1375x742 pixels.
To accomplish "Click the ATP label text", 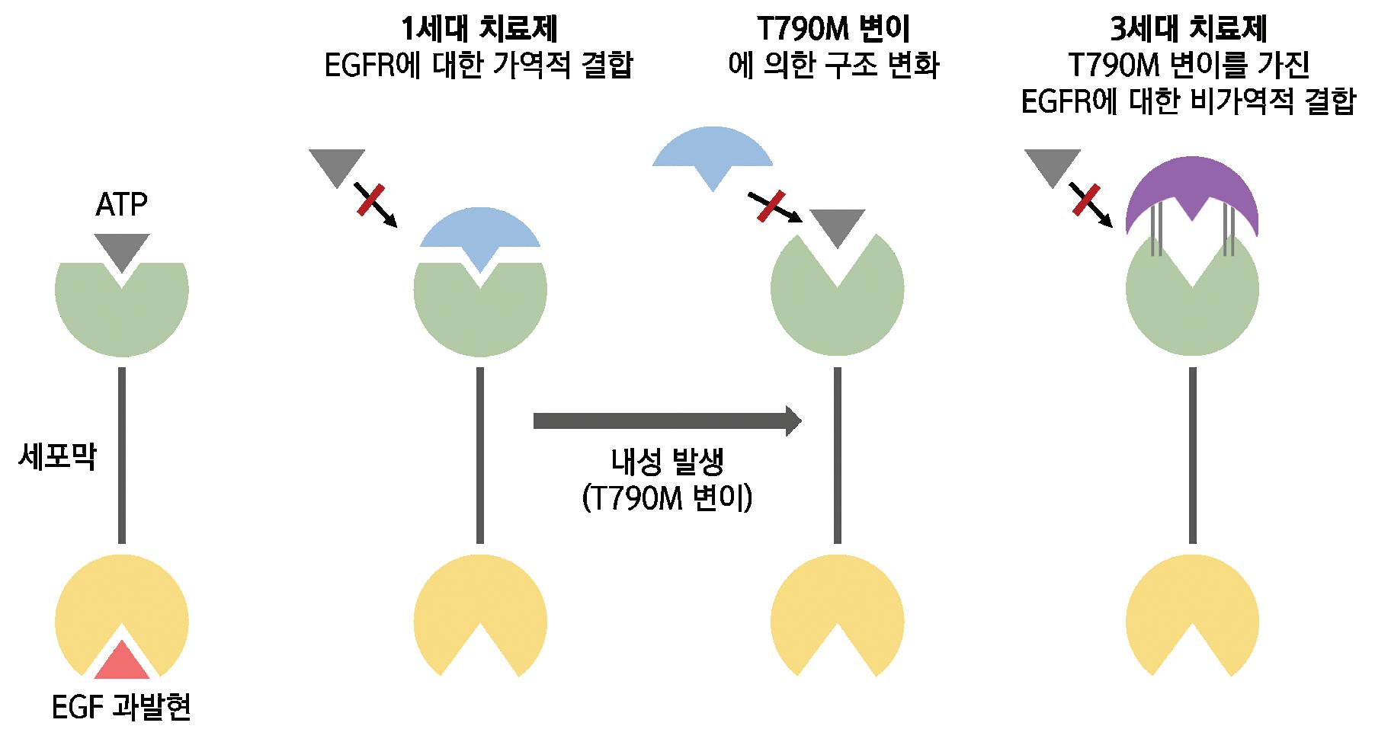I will (x=122, y=205).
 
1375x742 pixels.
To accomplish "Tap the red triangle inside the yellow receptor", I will (x=122, y=662).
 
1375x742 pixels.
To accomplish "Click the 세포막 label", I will (x=57, y=458).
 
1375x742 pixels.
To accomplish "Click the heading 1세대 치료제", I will (x=479, y=30).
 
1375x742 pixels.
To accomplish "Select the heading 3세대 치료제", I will (x=1189, y=30).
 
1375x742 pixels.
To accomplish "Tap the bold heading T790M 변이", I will (x=833, y=30).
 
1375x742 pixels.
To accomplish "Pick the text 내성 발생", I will (x=667, y=461).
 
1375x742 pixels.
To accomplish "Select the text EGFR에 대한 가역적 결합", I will (x=479, y=66).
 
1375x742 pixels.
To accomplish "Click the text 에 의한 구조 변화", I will (x=834, y=66).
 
